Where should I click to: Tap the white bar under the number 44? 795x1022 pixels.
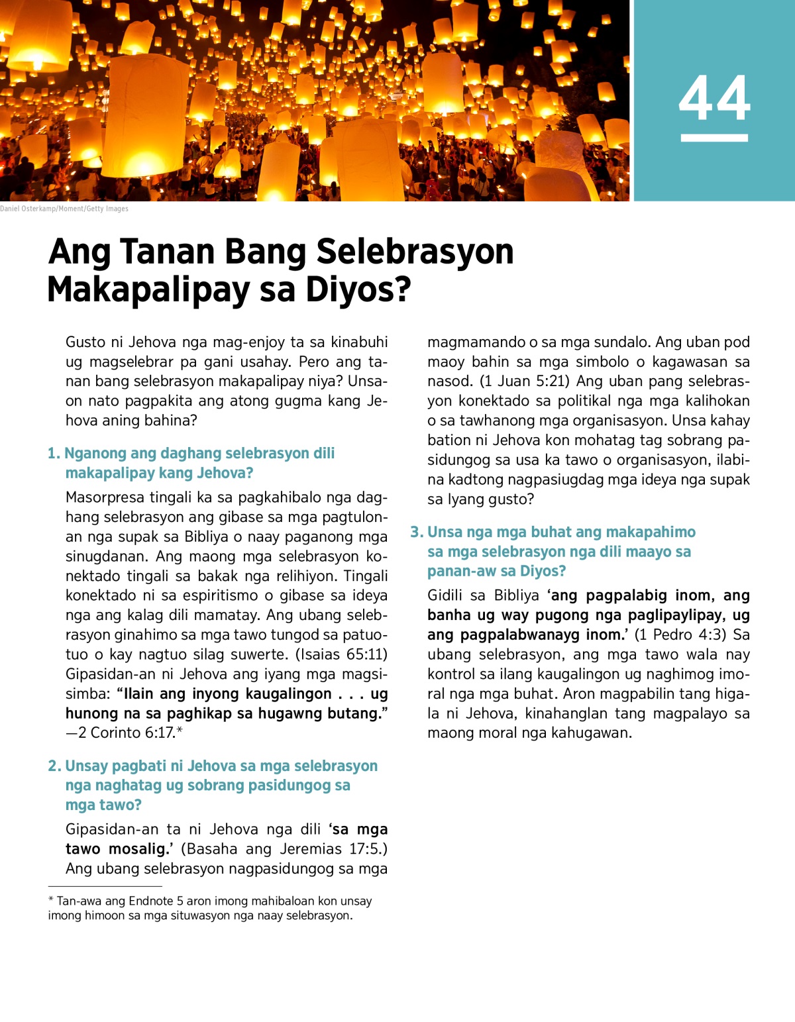pos(714,138)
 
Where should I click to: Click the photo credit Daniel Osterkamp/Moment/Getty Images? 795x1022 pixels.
pos(64,209)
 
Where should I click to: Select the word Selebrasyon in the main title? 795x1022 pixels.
pos(415,252)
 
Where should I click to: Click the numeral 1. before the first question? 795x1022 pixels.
pos(54,454)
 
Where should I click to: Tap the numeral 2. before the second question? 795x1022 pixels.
pos(54,766)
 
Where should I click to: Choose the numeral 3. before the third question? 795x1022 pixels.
pos(417,533)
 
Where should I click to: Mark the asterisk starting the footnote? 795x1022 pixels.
pos(51,900)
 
